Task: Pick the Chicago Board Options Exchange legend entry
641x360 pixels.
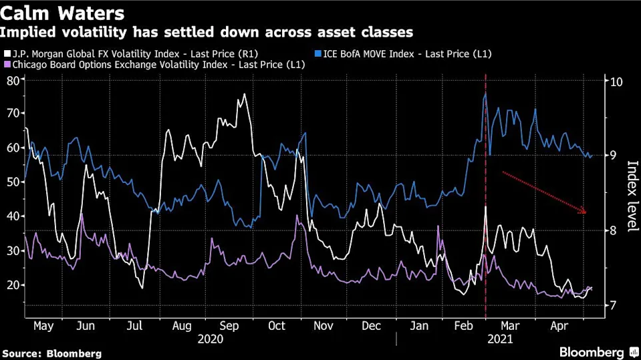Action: pos(154,65)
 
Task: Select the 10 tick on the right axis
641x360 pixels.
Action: pos(616,81)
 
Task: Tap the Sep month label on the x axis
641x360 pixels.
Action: pos(230,326)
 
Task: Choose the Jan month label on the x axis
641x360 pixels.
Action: pos(420,326)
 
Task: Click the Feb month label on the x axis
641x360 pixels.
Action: pos(464,326)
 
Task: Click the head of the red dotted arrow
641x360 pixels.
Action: pos(585,212)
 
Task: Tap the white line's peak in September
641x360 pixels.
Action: pos(244,94)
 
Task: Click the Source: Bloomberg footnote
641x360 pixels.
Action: pos(52,353)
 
